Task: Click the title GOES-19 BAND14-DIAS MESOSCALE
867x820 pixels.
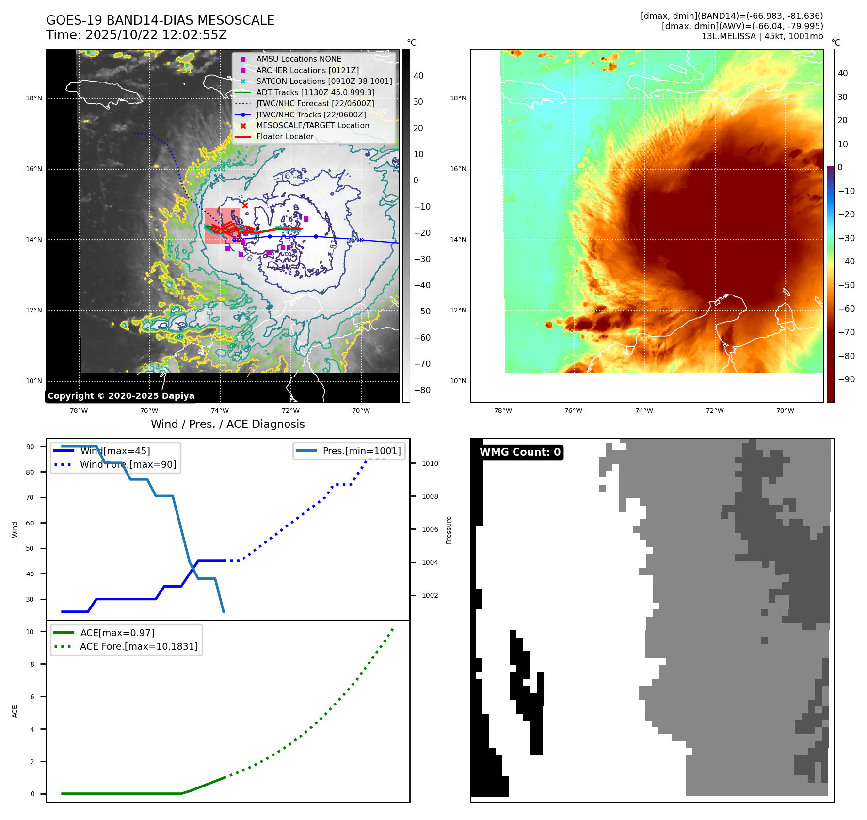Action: tap(160, 20)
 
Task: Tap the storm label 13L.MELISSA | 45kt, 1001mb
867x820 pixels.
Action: tap(762, 36)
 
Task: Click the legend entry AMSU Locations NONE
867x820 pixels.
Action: tap(298, 59)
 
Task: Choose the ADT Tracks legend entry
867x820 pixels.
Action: tap(315, 92)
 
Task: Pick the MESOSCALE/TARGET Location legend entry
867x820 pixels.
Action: tap(312, 126)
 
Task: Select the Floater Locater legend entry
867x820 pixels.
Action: tap(285, 137)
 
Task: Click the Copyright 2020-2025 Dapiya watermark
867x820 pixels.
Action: tap(121, 396)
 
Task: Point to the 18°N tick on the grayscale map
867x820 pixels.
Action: tap(34, 98)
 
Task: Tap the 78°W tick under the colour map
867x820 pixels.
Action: tap(503, 410)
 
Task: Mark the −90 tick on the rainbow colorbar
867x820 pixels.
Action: tap(846, 379)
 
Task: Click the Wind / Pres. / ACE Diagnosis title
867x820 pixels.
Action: tap(227, 425)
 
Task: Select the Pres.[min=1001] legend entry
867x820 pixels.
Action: tap(361, 451)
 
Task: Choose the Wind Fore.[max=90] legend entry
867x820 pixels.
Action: tap(128, 465)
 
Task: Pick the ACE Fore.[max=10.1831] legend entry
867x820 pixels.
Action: tap(139, 647)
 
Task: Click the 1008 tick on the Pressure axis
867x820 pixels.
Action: tap(430, 496)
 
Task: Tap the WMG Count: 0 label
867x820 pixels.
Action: tap(520, 452)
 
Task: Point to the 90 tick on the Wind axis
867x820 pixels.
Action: tap(30, 447)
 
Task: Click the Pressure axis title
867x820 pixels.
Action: tap(449, 530)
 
